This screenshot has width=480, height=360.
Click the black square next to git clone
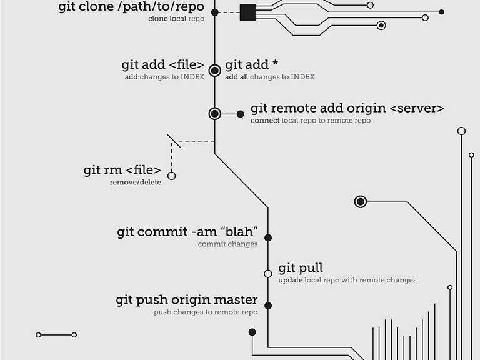[x=248, y=12]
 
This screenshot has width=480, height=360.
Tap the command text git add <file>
[x=163, y=64]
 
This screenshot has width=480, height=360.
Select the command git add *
[x=252, y=64]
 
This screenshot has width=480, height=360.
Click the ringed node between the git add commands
[x=215, y=71]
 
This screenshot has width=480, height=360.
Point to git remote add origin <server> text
[x=347, y=108]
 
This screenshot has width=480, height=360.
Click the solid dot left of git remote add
[x=241, y=114]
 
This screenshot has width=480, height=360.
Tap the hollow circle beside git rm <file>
[x=172, y=176]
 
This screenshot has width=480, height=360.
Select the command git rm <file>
[x=122, y=170]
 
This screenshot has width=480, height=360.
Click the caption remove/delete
[x=135, y=182]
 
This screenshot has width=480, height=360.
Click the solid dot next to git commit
[x=268, y=238]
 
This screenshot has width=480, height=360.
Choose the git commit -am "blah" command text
[x=187, y=232]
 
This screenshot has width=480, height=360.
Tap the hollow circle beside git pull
[x=268, y=274]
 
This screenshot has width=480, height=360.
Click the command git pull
[x=301, y=268]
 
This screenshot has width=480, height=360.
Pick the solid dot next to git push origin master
[x=268, y=306]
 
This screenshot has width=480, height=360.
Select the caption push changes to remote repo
[x=206, y=312]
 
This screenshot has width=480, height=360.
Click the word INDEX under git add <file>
[x=192, y=76]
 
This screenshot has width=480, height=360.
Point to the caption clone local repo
[x=176, y=19]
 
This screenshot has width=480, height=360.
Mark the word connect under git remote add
[x=265, y=120]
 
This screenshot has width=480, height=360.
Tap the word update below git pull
[x=291, y=280]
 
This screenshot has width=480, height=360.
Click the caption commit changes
[x=227, y=244]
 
